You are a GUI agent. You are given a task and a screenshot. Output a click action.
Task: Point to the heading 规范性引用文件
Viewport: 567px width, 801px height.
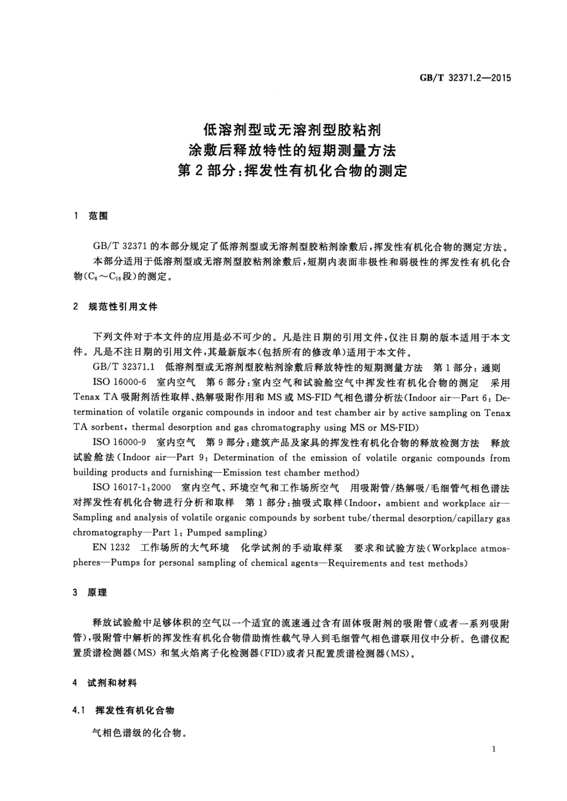(123, 307)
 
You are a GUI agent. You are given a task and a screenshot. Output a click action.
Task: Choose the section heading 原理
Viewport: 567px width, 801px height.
(97, 593)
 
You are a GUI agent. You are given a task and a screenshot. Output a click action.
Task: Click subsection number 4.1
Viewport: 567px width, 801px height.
(81, 710)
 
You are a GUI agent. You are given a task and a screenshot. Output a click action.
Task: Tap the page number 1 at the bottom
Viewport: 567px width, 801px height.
(494, 749)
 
